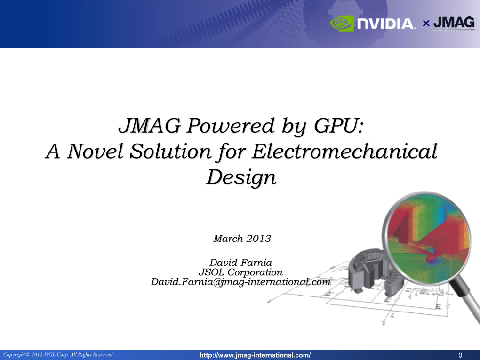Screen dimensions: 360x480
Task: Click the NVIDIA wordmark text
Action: point(385,24)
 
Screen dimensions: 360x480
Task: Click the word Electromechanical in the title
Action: point(344,152)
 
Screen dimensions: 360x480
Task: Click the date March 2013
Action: point(242,239)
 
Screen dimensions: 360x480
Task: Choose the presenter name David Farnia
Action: point(240,262)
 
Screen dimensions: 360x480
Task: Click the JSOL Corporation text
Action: point(240,272)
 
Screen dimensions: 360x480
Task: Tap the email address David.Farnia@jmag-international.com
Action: point(240,282)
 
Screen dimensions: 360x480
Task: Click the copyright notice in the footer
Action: point(58,354)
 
